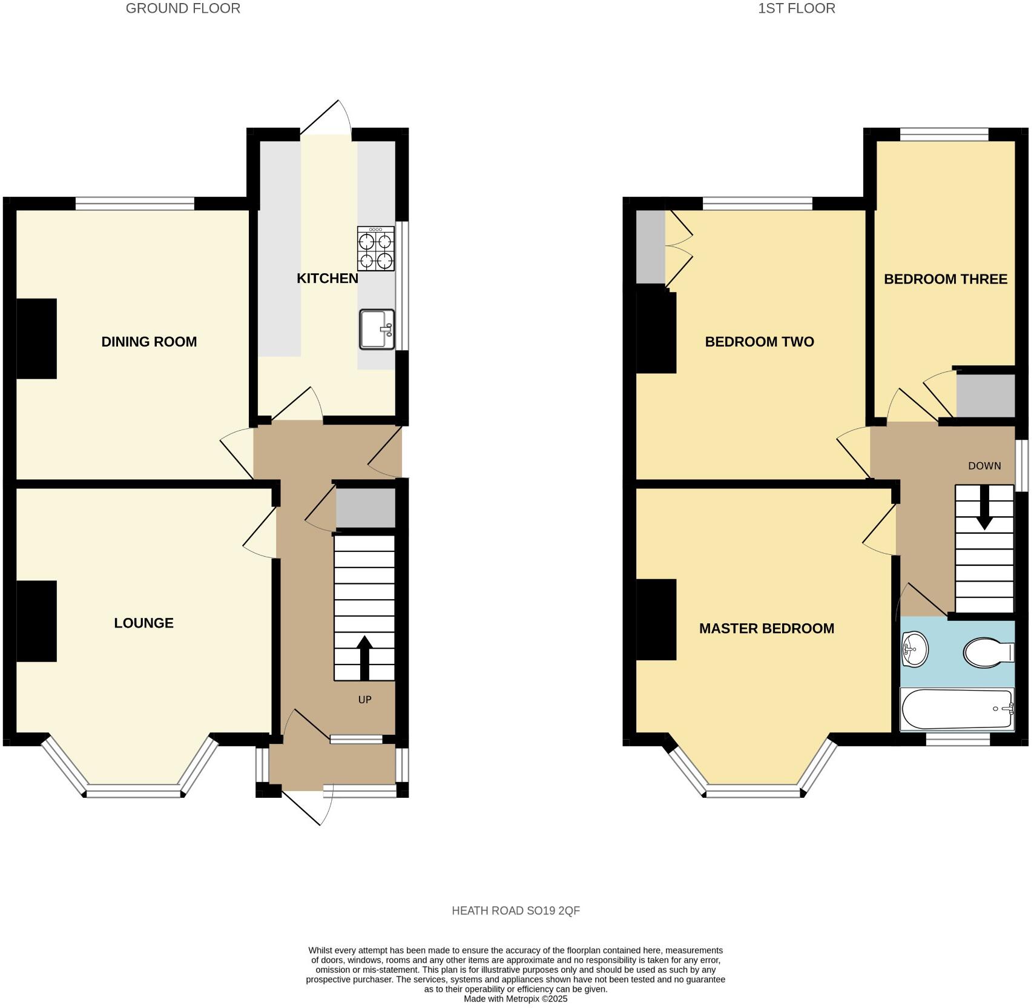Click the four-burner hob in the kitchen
point(375,248)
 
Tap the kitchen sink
point(376,330)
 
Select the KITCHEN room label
point(327,279)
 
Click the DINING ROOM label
point(149,342)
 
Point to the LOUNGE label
point(143,623)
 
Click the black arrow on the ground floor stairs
point(364,657)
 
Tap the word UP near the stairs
point(364,700)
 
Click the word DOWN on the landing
point(984,466)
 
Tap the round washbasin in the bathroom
point(914,649)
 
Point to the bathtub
point(957,709)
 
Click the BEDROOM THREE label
point(946,279)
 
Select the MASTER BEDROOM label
point(766,629)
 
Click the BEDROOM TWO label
point(759,342)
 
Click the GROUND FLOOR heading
point(183,8)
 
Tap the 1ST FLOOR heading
point(797,8)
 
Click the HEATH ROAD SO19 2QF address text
point(516,910)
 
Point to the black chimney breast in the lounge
point(36,621)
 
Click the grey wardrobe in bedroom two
point(650,247)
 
